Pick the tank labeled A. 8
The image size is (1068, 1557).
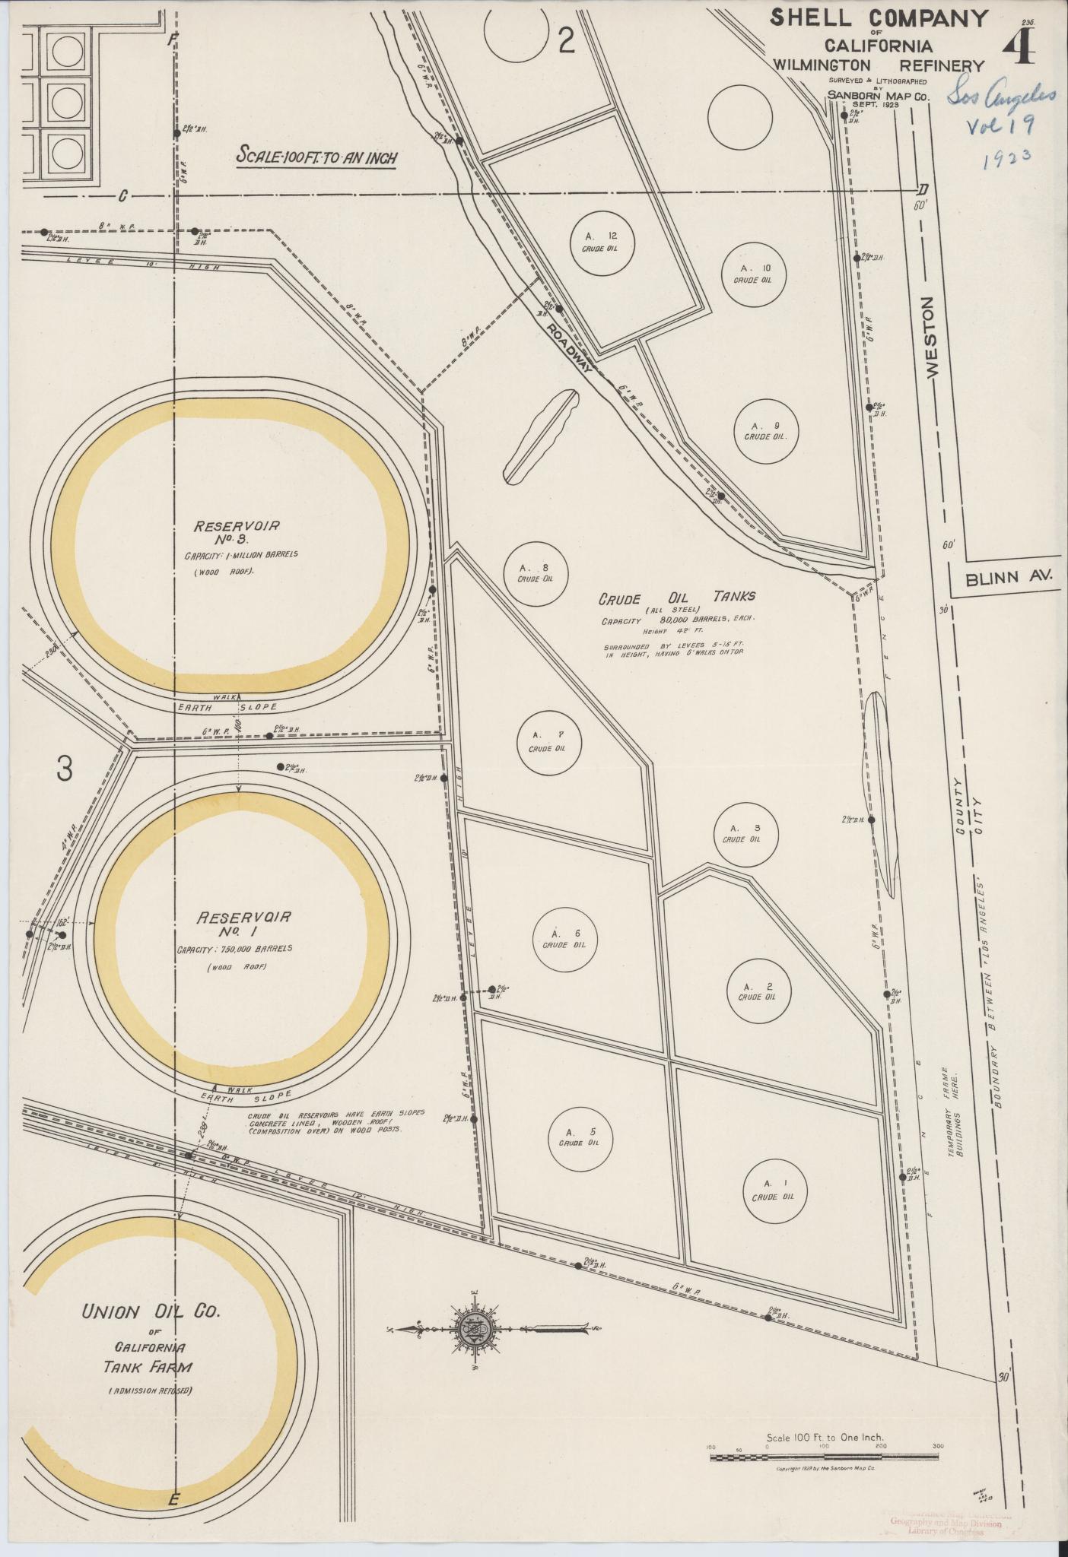click(x=536, y=573)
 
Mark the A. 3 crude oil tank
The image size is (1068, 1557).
click(x=740, y=834)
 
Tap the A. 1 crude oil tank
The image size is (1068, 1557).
click(x=773, y=1190)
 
